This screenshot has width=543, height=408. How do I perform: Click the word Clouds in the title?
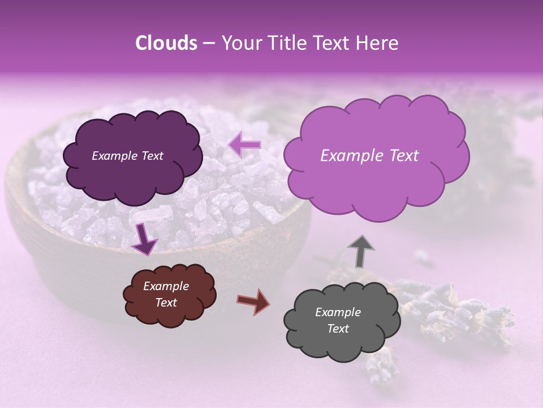[166, 43]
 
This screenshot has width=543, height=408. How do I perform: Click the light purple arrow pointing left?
[245, 145]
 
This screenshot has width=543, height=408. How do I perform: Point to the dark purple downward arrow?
[144, 239]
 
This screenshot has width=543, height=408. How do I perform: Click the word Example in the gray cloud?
[338, 312]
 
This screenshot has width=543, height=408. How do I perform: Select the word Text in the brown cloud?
[166, 303]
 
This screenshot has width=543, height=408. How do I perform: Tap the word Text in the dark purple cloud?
[152, 156]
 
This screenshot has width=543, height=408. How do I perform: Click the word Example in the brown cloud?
[166, 286]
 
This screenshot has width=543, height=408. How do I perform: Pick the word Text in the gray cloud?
[338, 329]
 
